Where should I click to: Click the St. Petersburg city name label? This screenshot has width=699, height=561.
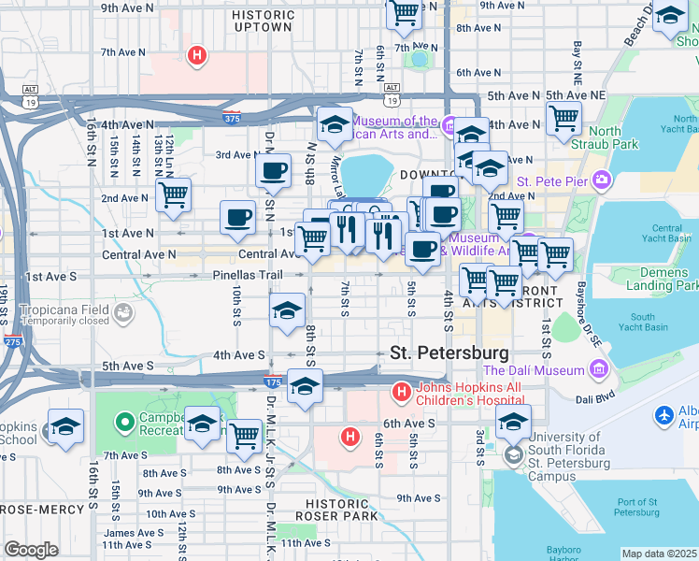coord(449,353)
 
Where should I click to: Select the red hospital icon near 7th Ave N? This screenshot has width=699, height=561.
coord(196,56)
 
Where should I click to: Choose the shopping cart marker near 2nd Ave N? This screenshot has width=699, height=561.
coord(173,194)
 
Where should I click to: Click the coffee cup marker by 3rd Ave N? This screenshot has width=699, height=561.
coord(273,171)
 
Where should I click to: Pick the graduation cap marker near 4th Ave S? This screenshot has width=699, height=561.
coord(287,311)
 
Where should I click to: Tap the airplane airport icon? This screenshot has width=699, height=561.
coord(664,414)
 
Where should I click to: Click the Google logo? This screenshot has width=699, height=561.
coord(31,550)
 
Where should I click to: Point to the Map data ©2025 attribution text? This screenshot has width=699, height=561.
coord(658,554)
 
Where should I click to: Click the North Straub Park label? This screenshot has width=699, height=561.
coord(613,138)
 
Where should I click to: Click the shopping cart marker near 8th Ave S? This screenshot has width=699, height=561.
coord(244,435)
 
